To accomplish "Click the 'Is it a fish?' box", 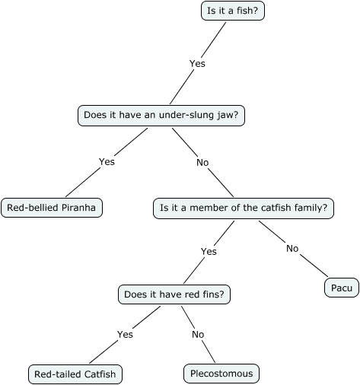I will [x=233, y=11].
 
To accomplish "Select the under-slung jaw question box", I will [x=164, y=116].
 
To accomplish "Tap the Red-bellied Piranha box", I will [x=51, y=207].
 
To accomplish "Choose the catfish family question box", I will [x=243, y=207].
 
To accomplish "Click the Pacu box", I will [x=340, y=288].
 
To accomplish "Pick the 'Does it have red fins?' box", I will [x=176, y=294].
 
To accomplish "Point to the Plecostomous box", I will [x=221, y=374].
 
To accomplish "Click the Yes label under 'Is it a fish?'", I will [x=197, y=64].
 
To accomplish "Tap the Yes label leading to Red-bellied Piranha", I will [x=107, y=161].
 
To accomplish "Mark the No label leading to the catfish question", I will [x=202, y=162].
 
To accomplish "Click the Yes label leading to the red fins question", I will [x=209, y=251].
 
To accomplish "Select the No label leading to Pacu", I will [x=292, y=248].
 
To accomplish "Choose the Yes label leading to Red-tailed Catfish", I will [x=126, y=334].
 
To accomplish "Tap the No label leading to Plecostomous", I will [x=198, y=334].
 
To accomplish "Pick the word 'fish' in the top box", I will [x=246, y=11].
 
